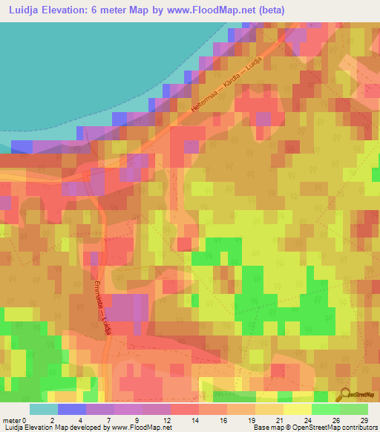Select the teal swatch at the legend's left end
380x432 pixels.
tap(44, 409)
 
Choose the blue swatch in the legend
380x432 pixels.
tap(72, 409)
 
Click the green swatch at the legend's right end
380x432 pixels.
tap(353, 409)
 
